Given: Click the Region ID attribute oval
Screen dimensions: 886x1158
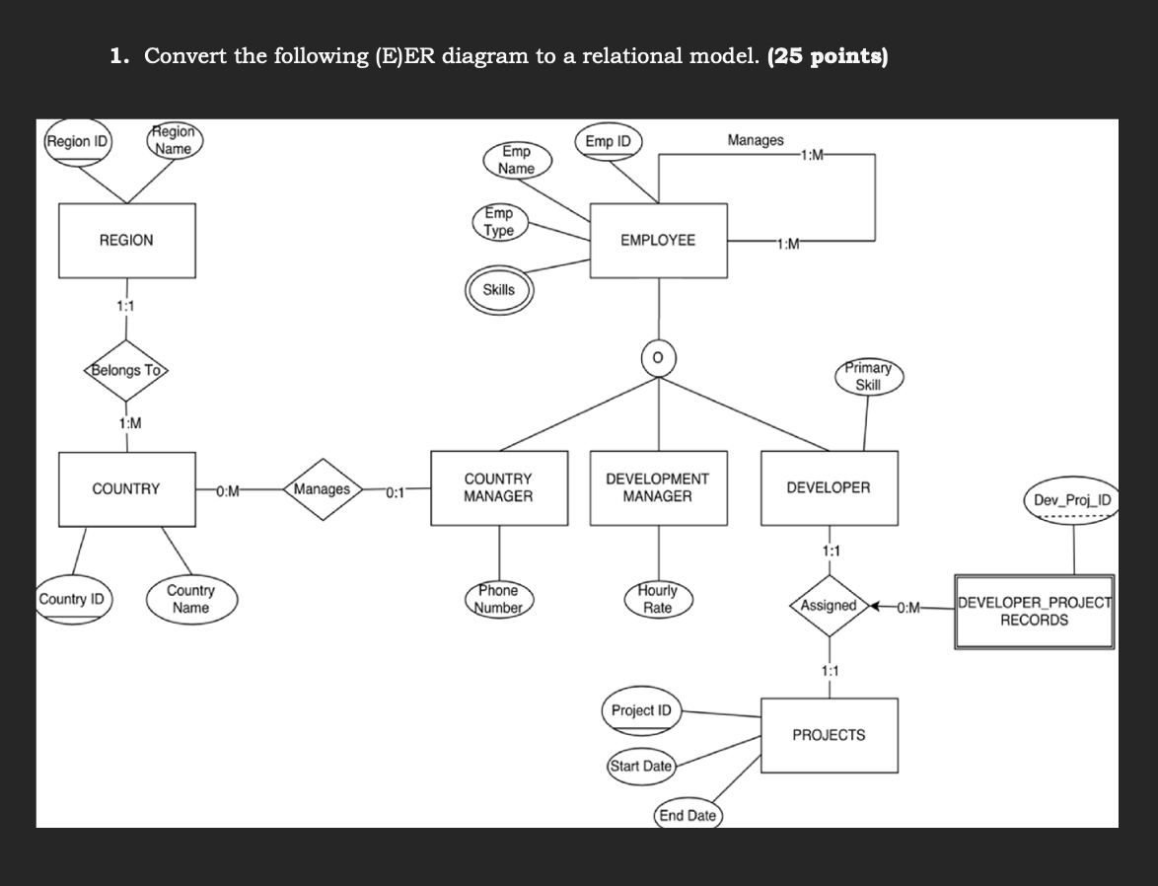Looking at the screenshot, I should pos(78,142).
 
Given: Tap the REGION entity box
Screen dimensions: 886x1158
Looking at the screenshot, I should pos(126,241).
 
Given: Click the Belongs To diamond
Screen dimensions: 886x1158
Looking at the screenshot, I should pos(126,371).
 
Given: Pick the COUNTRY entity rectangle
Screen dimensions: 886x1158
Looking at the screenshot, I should pos(126,488).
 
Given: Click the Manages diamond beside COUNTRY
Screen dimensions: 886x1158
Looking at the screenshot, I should pos(323,489).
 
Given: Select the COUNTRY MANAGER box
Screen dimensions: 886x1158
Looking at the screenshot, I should pos(499,488).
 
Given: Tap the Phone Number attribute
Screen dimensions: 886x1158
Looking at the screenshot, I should pos(498,599).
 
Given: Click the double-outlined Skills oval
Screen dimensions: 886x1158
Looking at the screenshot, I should pos(498,290).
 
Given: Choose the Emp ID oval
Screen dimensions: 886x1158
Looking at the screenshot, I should pos(608,142).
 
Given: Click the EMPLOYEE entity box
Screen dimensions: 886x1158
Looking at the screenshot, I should pos(658,241).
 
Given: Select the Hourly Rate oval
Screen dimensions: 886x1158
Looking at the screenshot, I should pos(658,599).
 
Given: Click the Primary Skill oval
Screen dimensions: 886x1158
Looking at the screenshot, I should pos(868,377).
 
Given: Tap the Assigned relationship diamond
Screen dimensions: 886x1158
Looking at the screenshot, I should pos(829,605).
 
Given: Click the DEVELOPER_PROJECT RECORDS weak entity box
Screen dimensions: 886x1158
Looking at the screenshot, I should pos(1034,612).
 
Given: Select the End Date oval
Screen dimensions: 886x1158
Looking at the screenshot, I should pos(688,815).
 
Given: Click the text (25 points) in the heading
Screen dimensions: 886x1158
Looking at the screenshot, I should pos(827,56).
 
